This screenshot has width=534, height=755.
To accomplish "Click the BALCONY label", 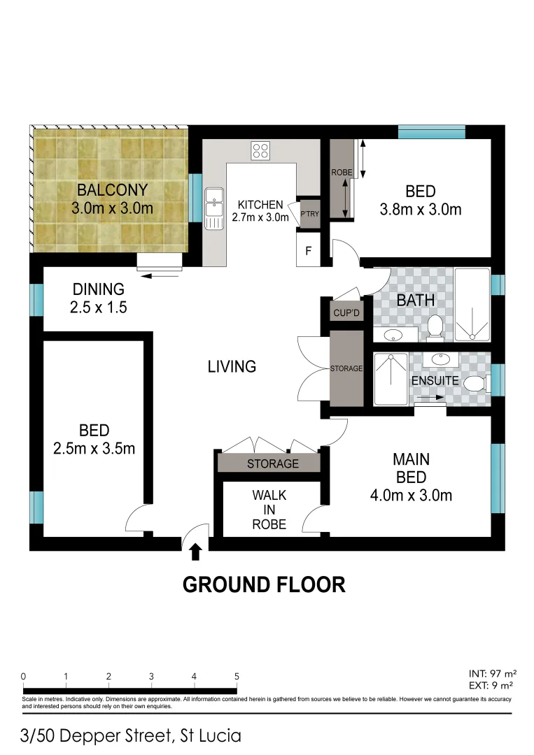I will [112, 189].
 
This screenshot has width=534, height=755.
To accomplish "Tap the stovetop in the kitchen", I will [260, 150].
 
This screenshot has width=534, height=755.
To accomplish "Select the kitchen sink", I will [213, 208].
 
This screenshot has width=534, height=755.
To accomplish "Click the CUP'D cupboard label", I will [346, 312].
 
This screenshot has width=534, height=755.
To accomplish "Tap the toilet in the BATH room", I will [435, 326].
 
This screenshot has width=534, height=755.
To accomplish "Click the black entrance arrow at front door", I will [195, 552].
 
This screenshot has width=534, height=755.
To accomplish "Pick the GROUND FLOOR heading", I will [264, 584].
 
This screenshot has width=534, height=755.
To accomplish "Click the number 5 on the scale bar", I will [237, 676].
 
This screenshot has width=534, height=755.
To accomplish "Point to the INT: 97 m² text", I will [493, 674].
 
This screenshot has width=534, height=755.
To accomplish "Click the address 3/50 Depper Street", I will [132, 735].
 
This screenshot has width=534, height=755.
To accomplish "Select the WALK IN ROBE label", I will [269, 510].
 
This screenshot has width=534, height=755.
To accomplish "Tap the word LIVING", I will [232, 366].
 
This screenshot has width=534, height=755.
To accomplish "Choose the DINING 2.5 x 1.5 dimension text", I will [98, 306].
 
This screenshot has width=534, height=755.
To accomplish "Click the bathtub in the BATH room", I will [472, 305].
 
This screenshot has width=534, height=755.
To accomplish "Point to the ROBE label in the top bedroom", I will [341, 171].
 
